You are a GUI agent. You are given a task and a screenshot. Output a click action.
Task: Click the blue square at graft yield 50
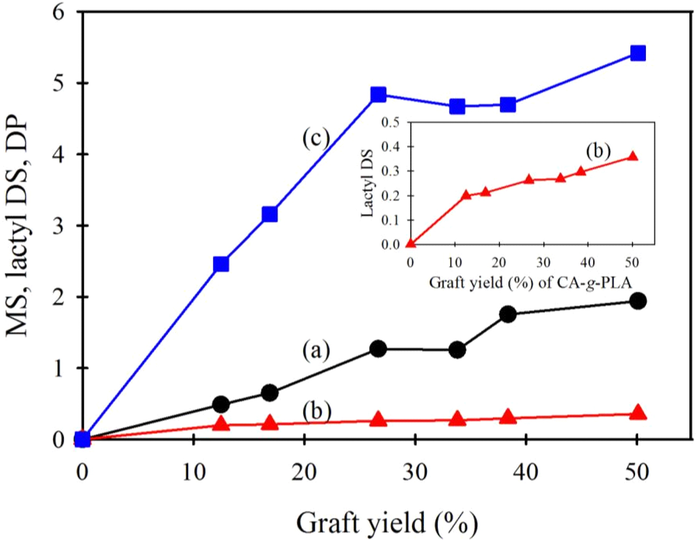click(638, 53)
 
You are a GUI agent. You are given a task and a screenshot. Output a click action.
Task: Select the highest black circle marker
click(638, 301)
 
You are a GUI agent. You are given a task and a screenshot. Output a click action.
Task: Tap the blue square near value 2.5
click(221, 264)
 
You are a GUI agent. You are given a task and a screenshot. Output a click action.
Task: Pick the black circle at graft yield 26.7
click(378, 348)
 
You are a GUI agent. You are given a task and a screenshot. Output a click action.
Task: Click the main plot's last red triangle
click(638, 413)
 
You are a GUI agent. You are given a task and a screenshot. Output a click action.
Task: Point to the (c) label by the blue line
click(315, 138)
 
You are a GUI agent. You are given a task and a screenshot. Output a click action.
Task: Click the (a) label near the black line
click(315, 351)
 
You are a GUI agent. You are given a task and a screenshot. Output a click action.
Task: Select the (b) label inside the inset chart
click(598, 152)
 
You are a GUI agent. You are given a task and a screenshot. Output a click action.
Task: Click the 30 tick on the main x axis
click(415, 473)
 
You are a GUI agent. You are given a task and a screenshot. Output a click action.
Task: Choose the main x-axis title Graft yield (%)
click(387, 523)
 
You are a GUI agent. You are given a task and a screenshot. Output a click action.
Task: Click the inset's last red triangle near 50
click(633, 156)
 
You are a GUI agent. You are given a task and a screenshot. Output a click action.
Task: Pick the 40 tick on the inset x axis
click(588, 263)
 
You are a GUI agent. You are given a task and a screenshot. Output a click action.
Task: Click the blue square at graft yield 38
click(508, 105)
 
